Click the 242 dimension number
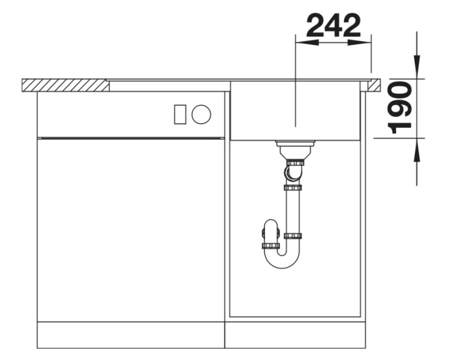click(x=334, y=25)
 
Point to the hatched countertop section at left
click(x=65, y=85)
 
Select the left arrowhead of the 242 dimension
click(x=303, y=41)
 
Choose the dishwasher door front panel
click(x=131, y=228)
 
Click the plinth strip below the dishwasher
click(x=131, y=335)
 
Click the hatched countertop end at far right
click(x=374, y=85)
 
